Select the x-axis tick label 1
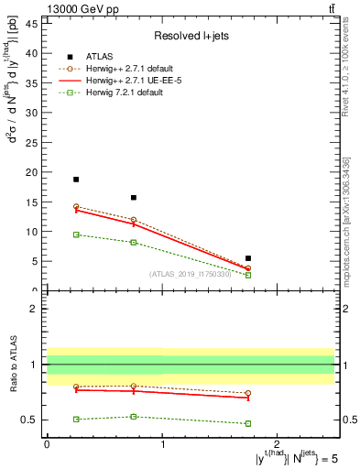[162, 443]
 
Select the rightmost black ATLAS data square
[248, 258]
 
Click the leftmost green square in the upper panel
[76, 234]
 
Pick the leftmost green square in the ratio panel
[76, 419]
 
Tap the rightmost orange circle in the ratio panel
[248, 393]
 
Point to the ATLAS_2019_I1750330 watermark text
[191, 273]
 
